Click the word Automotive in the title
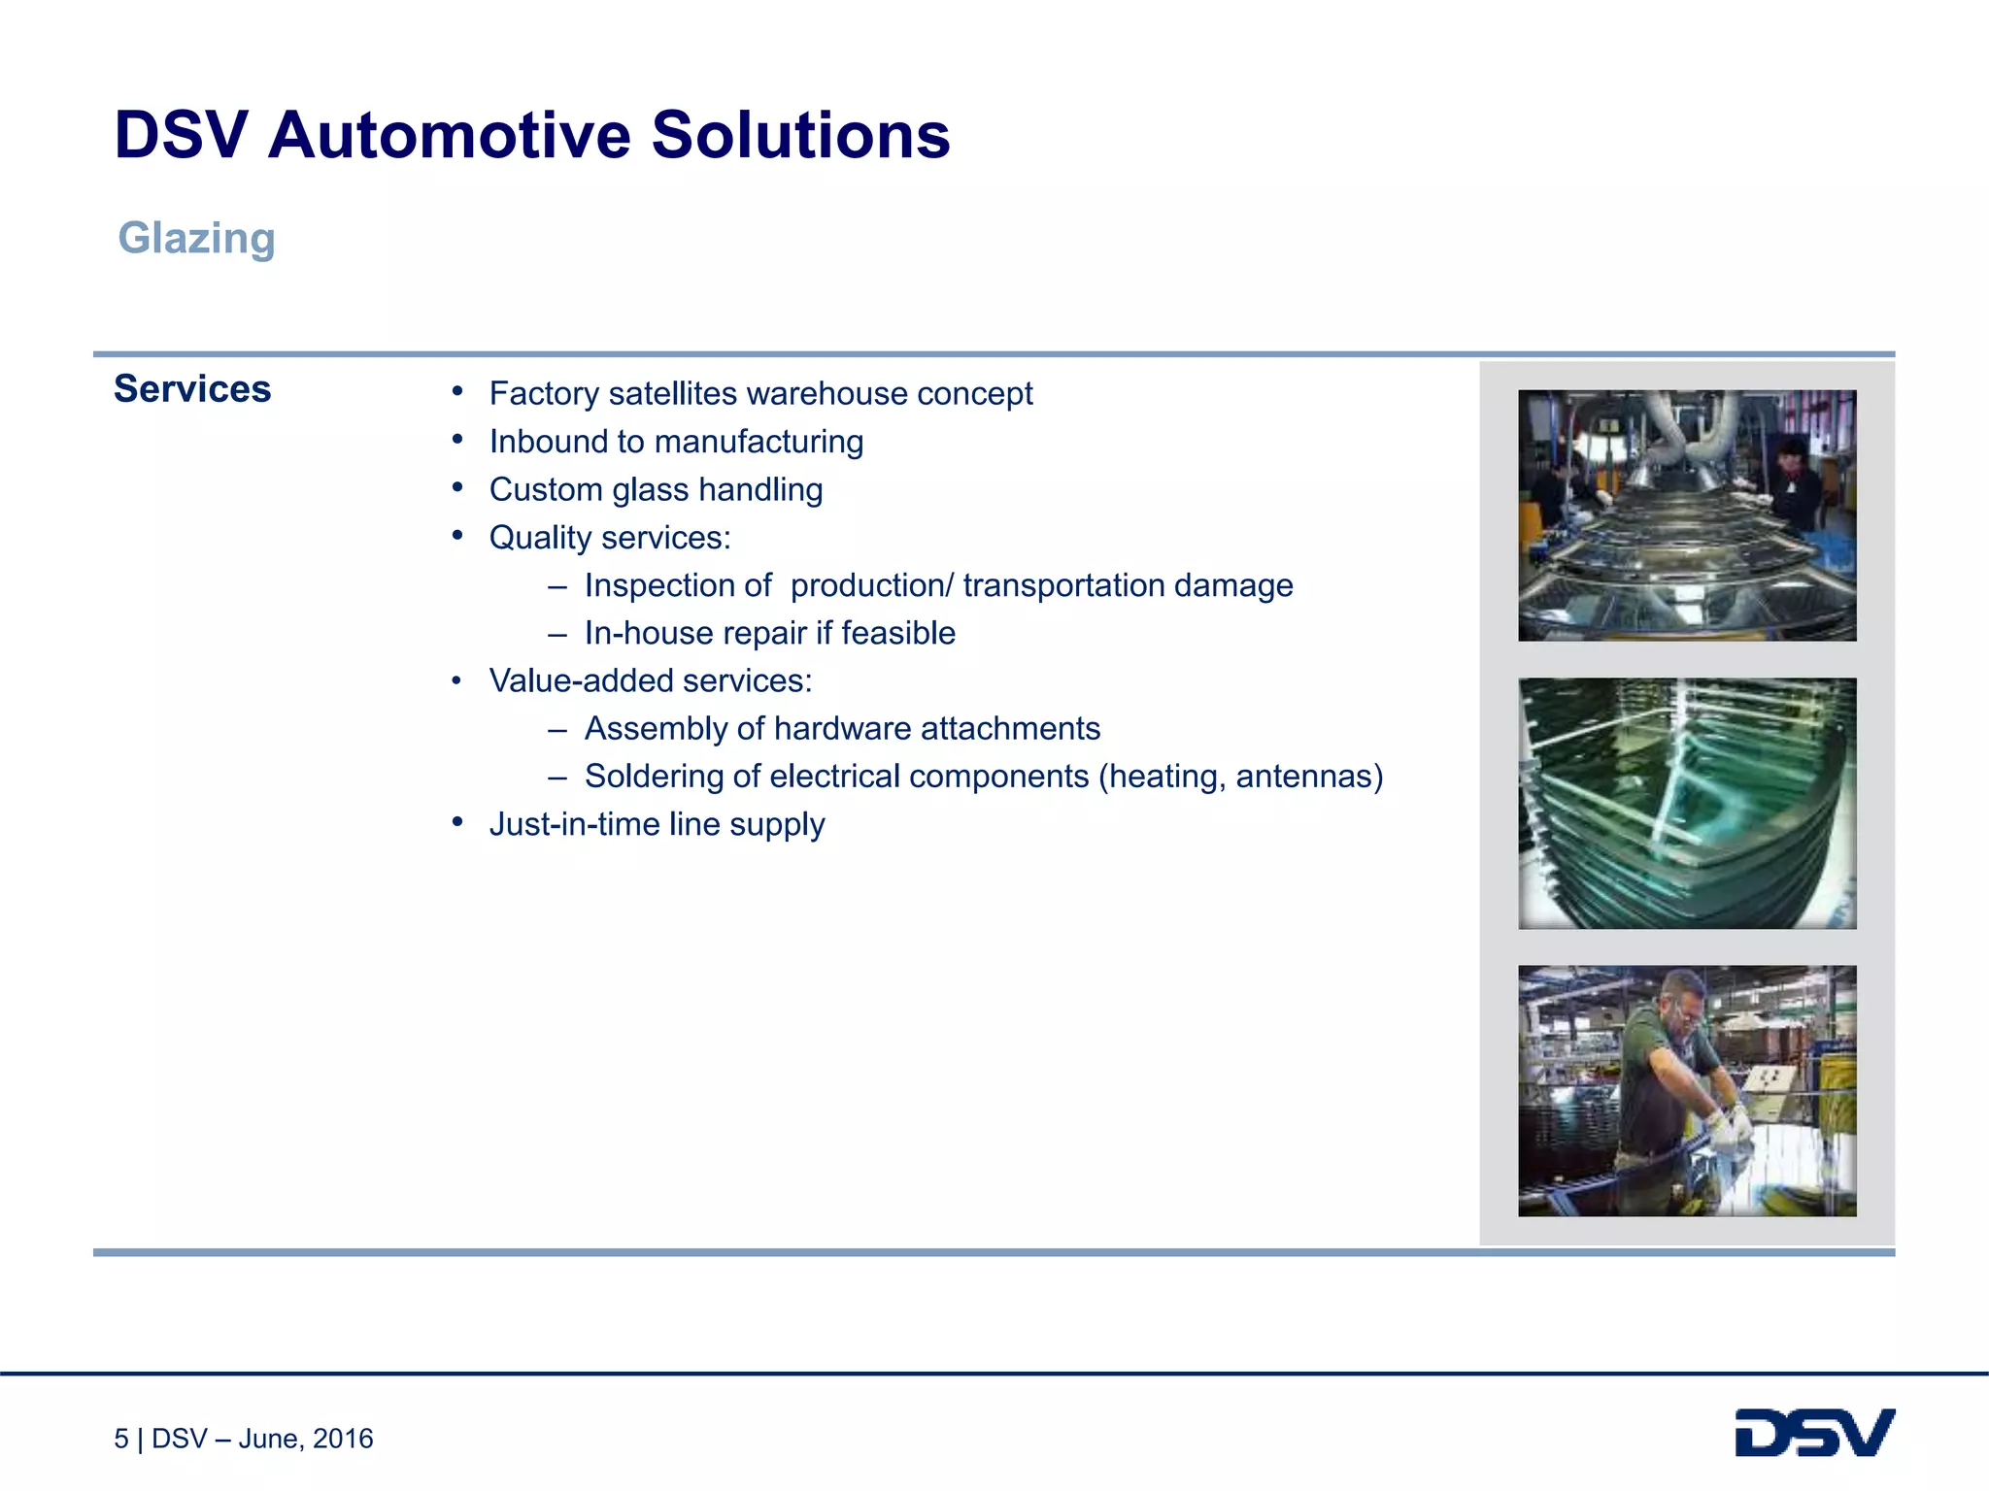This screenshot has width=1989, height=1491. pyautogui.click(x=449, y=135)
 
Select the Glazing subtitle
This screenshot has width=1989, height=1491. pyautogui.click(x=196, y=238)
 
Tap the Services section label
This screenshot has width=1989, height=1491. pyautogui.click(x=192, y=388)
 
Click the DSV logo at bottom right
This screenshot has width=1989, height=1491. pyautogui.click(x=1814, y=1433)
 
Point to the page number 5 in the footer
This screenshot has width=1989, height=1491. pyautogui.click(x=121, y=1439)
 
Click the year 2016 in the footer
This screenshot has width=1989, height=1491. pyautogui.click(x=343, y=1439)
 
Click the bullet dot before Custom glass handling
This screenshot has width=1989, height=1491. pyautogui.click(x=456, y=487)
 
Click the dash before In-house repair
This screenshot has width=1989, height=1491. pyautogui.click(x=556, y=634)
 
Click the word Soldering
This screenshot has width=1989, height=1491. pyautogui.click(x=655, y=777)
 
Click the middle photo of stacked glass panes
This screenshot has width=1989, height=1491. pyautogui.click(x=1687, y=803)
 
